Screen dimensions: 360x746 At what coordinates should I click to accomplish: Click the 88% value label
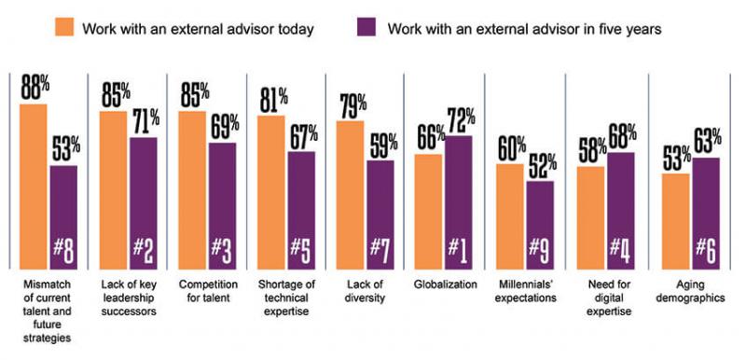coord(33,88)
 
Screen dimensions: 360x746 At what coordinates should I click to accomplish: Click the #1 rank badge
coord(460,250)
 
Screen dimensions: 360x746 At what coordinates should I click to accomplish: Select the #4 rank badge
coord(620,250)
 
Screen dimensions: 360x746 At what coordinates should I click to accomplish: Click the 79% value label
coord(351,104)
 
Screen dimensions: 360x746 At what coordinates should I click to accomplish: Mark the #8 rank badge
coord(63,250)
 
